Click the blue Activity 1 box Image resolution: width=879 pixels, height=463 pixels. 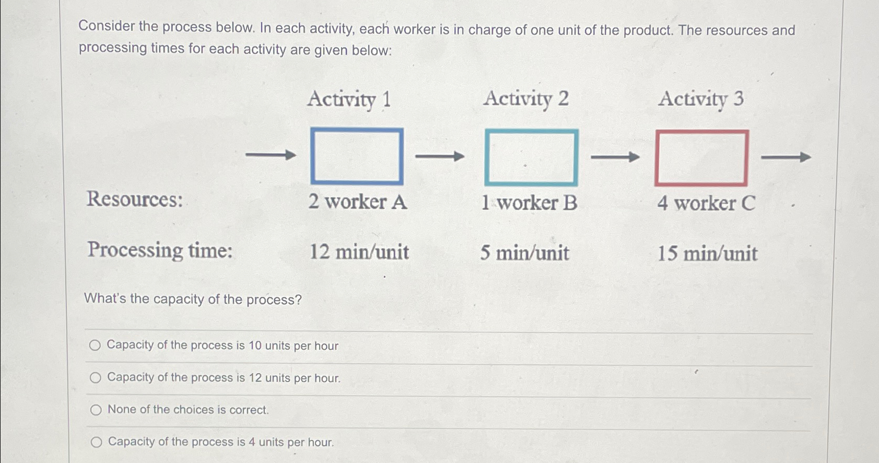click(357, 156)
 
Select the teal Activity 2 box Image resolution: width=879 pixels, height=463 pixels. click(531, 157)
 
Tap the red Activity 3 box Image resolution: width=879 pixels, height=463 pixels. click(701, 158)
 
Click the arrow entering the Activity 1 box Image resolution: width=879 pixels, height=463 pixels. click(270, 155)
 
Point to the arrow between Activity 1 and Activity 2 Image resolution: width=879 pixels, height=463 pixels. click(440, 156)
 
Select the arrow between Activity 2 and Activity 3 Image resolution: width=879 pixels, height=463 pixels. click(615, 157)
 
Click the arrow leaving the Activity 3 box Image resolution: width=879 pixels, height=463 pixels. click(786, 157)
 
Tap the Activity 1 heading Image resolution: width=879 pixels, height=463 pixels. click(349, 99)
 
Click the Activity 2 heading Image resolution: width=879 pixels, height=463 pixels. click(525, 99)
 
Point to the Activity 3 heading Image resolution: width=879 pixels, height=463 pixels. click(701, 99)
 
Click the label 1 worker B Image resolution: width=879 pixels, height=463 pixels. click(529, 203)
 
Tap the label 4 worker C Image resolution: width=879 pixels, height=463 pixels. click(706, 203)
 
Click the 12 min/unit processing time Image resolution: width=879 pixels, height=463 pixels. click(359, 252)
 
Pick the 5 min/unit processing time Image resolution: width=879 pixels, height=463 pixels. click(524, 253)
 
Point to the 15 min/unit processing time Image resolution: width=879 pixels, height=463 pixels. click(707, 254)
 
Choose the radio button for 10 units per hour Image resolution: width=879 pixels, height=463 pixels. click(95, 345)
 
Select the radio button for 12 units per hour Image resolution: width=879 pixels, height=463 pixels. click(95, 377)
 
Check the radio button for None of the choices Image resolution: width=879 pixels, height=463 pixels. click(96, 410)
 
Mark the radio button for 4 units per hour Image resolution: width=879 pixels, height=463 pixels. click(96, 443)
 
